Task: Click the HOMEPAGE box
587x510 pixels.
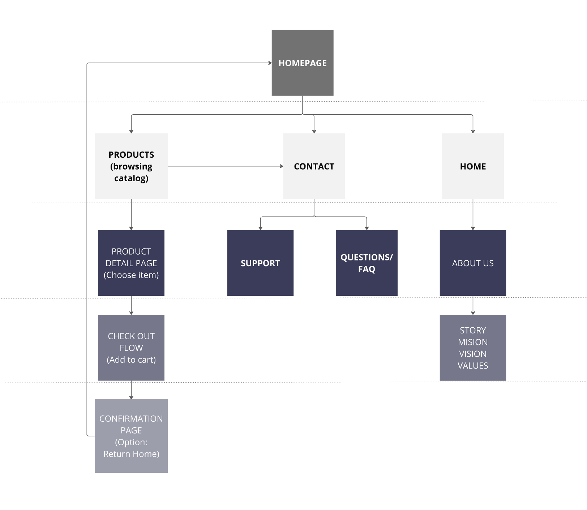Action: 303,63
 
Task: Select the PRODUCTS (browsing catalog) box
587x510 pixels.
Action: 131,166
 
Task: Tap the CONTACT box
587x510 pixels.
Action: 314,166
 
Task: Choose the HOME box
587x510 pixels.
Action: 473,166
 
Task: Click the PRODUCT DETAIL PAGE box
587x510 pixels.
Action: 131,263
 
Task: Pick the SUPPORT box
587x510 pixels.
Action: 260,263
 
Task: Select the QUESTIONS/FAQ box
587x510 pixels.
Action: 367,263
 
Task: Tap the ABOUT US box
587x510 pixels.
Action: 473,263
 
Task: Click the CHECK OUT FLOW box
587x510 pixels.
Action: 131,348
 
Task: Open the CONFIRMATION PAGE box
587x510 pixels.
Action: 131,436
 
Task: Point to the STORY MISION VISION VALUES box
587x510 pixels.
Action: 473,348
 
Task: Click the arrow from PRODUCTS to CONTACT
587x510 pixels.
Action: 226,166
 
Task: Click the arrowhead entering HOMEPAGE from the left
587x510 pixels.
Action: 270,63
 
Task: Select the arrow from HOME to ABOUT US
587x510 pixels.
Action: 473,214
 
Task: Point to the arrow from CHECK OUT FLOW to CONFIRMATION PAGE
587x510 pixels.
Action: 131,390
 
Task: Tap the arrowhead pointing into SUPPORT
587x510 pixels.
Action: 260,228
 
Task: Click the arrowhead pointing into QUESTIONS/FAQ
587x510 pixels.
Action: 367,228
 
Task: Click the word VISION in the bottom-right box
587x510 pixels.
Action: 473,354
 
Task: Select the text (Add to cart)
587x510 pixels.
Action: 131,360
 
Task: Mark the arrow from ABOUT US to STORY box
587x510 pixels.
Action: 473,305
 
